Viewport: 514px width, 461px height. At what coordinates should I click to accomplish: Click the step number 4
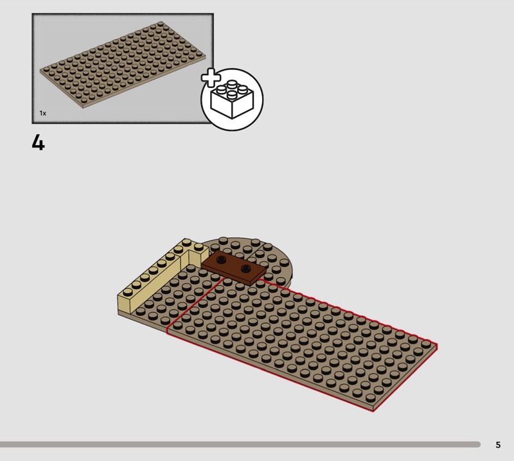point(39,143)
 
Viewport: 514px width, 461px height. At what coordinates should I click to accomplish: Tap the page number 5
point(498,444)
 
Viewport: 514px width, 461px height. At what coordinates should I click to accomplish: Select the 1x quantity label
point(43,113)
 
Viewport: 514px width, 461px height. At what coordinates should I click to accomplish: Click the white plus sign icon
point(211,78)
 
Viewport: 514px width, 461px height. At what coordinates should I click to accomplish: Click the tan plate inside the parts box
point(123,65)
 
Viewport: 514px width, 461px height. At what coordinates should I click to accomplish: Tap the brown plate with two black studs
point(234,268)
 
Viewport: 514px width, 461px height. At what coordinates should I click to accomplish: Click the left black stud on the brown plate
point(222,260)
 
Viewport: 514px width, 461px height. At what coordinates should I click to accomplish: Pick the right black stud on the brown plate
point(245,268)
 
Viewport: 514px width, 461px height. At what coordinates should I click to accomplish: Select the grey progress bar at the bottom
point(240,444)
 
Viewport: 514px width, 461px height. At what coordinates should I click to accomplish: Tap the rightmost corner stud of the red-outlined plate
point(425,344)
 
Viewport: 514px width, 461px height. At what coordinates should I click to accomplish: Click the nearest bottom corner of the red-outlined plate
point(373,411)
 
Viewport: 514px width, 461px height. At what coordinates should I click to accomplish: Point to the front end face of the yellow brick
point(124,305)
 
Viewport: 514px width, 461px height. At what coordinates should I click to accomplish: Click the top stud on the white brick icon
point(232,83)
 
